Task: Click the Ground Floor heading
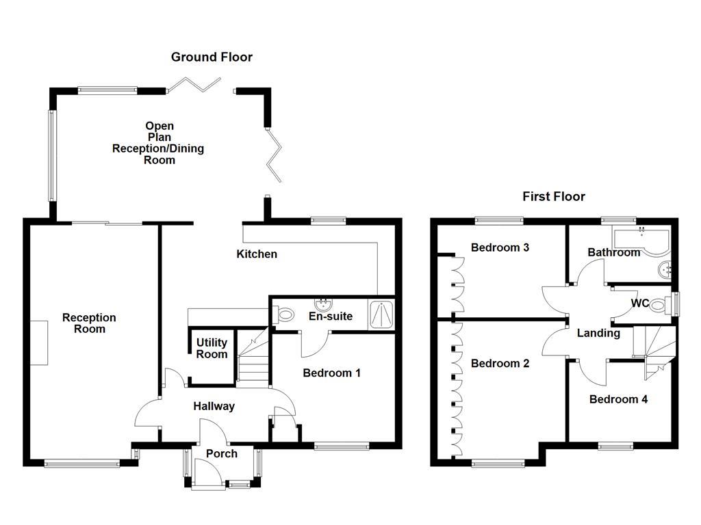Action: coord(212,57)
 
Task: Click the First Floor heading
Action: coord(554,197)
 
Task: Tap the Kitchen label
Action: coord(257,254)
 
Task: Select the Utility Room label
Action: coord(212,349)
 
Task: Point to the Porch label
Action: coord(222,454)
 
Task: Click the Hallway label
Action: coord(214,406)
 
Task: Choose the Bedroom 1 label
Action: coord(331,373)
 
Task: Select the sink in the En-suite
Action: coord(322,304)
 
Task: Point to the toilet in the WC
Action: coord(658,304)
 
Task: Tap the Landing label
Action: coord(598,334)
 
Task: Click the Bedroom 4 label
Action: coord(618,399)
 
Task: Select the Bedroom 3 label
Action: coord(500,247)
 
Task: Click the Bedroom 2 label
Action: coord(500,364)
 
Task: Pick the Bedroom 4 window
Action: coord(617,446)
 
